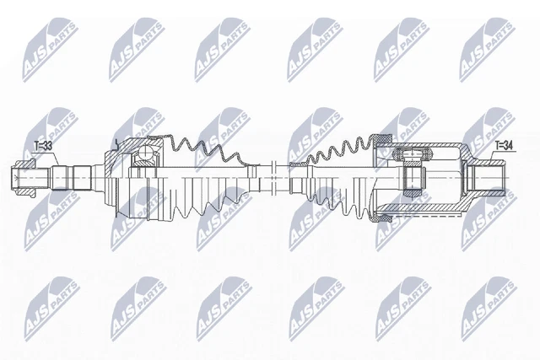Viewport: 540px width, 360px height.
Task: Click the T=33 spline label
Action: [43, 146]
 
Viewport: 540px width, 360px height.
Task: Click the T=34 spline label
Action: [504, 146]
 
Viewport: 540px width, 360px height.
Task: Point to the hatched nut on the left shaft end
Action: [24, 178]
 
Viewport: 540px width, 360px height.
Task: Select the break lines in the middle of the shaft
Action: [274, 177]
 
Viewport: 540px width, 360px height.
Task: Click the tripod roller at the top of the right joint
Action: [413, 153]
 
